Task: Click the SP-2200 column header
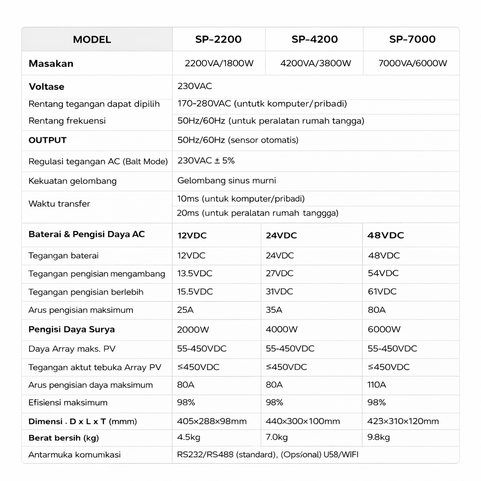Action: tap(218, 39)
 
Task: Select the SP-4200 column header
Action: tap(315, 39)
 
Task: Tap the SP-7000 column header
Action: tap(412, 39)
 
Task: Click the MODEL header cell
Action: tap(92, 39)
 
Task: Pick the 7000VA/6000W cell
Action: tap(412, 63)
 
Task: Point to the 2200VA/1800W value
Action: tap(219, 63)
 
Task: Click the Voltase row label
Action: tap(47, 87)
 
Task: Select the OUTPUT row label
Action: tap(47, 140)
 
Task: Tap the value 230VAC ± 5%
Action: tap(206, 161)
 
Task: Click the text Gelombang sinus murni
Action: tap(226, 180)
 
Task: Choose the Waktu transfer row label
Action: tap(59, 204)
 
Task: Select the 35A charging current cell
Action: tap(274, 310)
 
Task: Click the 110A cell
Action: tap(376, 385)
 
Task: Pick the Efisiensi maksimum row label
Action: tap(68, 403)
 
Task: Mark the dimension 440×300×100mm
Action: tap(303, 421)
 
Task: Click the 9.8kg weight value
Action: tap(378, 438)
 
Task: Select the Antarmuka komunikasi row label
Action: tap(75, 455)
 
